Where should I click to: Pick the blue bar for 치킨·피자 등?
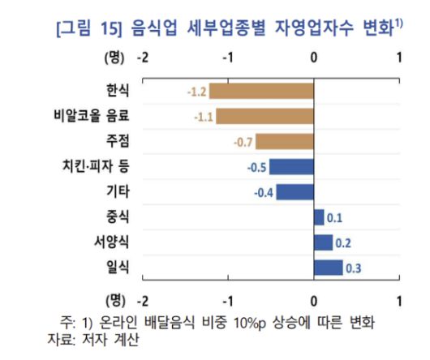coord(292,168)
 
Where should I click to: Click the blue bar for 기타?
coord(295,193)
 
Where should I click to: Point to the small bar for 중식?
coord(319,217)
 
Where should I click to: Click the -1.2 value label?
coord(197,91)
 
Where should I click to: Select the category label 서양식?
coord(112,242)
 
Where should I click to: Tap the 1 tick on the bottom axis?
coord(399,301)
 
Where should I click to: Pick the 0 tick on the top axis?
coord(314,58)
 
